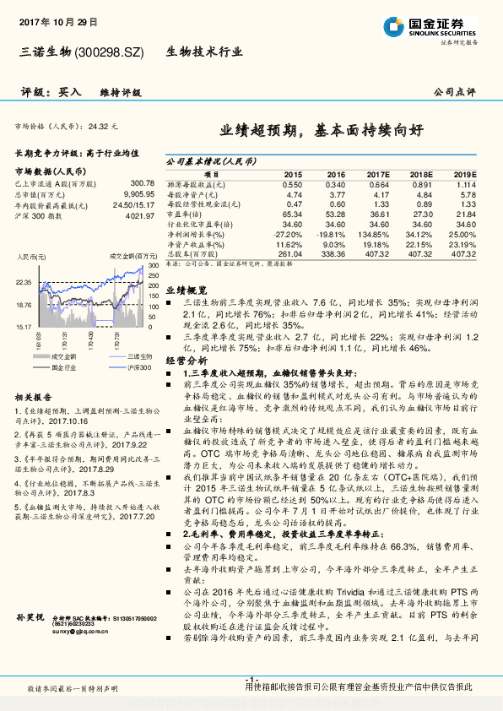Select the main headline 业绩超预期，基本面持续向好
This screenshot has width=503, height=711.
pos(327,132)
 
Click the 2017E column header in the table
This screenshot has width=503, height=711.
pos(377,173)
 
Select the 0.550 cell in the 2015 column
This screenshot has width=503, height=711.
pos(291,184)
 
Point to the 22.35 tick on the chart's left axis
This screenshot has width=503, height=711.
pos(24,282)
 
